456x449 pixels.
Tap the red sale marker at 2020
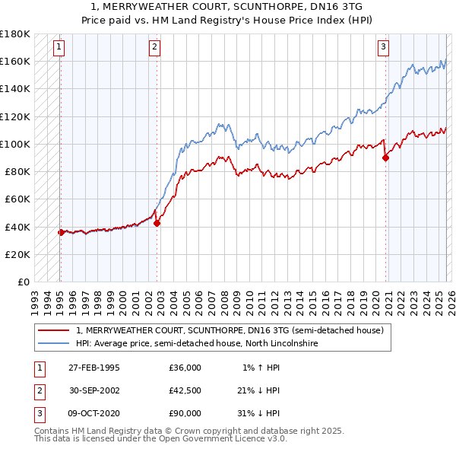[385, 158]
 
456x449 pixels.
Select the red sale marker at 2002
[157, 224]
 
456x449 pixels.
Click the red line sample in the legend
[54, 331]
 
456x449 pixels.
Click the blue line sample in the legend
[54, 344]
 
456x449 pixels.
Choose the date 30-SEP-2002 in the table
[94, 390]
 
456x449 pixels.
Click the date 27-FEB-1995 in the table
[94, 368]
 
